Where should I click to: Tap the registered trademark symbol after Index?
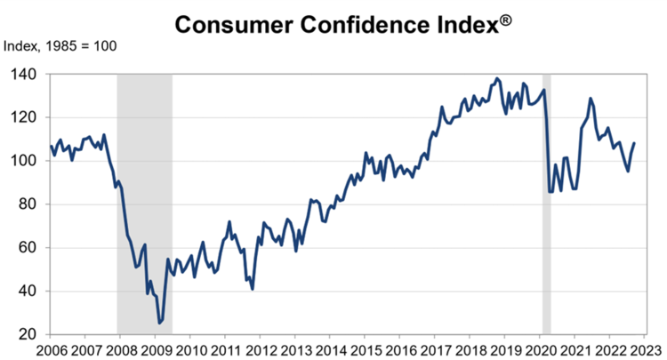coord(504,17)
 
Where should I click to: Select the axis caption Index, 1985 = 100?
coord(60,44)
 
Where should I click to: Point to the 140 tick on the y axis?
coord(24,75)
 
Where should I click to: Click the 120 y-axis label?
coord(24,117)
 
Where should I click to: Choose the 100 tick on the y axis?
coord(24,161)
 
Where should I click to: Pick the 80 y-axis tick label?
coord(28,204)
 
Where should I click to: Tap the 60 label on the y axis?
coord(28,248)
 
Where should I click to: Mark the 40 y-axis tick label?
coord(28,292)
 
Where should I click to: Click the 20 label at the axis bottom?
coord(28,334)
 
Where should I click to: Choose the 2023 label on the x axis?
coord(646,349)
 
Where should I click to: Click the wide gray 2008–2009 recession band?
coord(144,204)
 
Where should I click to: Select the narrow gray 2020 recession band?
coord(547,204)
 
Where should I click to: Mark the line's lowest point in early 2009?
coord(159,323)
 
